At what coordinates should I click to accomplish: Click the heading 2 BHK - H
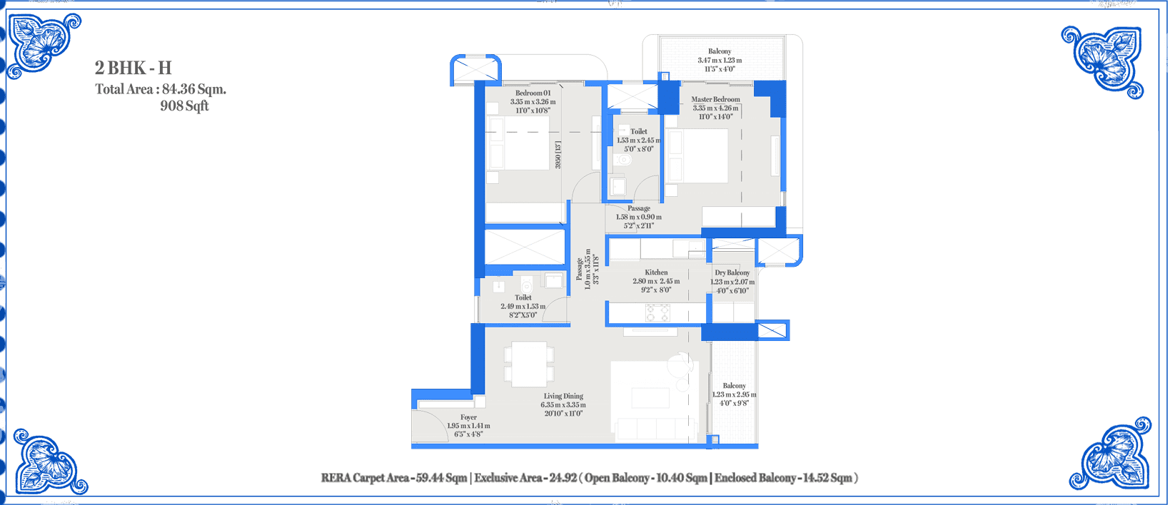[133, 68]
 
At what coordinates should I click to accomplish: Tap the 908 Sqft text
[184, 106]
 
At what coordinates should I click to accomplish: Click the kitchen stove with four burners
[658, 313]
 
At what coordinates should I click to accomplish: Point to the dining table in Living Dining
[529, 364]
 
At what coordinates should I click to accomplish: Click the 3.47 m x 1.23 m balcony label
[720, 60]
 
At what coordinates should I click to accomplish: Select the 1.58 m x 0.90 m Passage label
[638, 217]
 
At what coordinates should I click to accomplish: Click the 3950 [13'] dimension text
[558, 155]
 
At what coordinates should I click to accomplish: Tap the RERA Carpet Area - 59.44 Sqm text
[394, 478]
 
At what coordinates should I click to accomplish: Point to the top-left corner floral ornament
[43, 44]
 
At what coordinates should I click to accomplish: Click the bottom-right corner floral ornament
[1111, 454]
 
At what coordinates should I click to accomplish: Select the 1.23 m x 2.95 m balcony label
[735, 394]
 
